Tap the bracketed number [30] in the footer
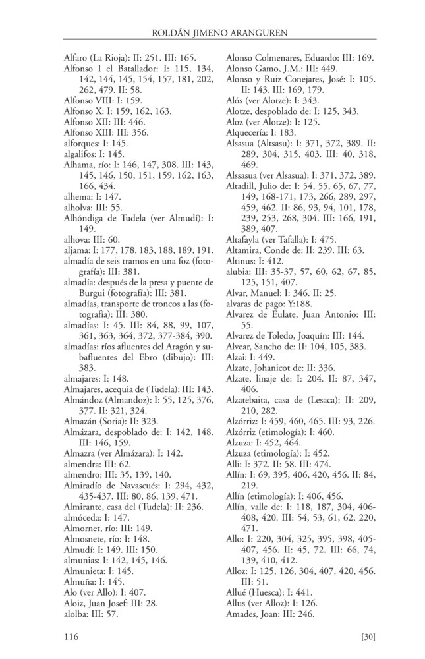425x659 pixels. pos(368,637)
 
